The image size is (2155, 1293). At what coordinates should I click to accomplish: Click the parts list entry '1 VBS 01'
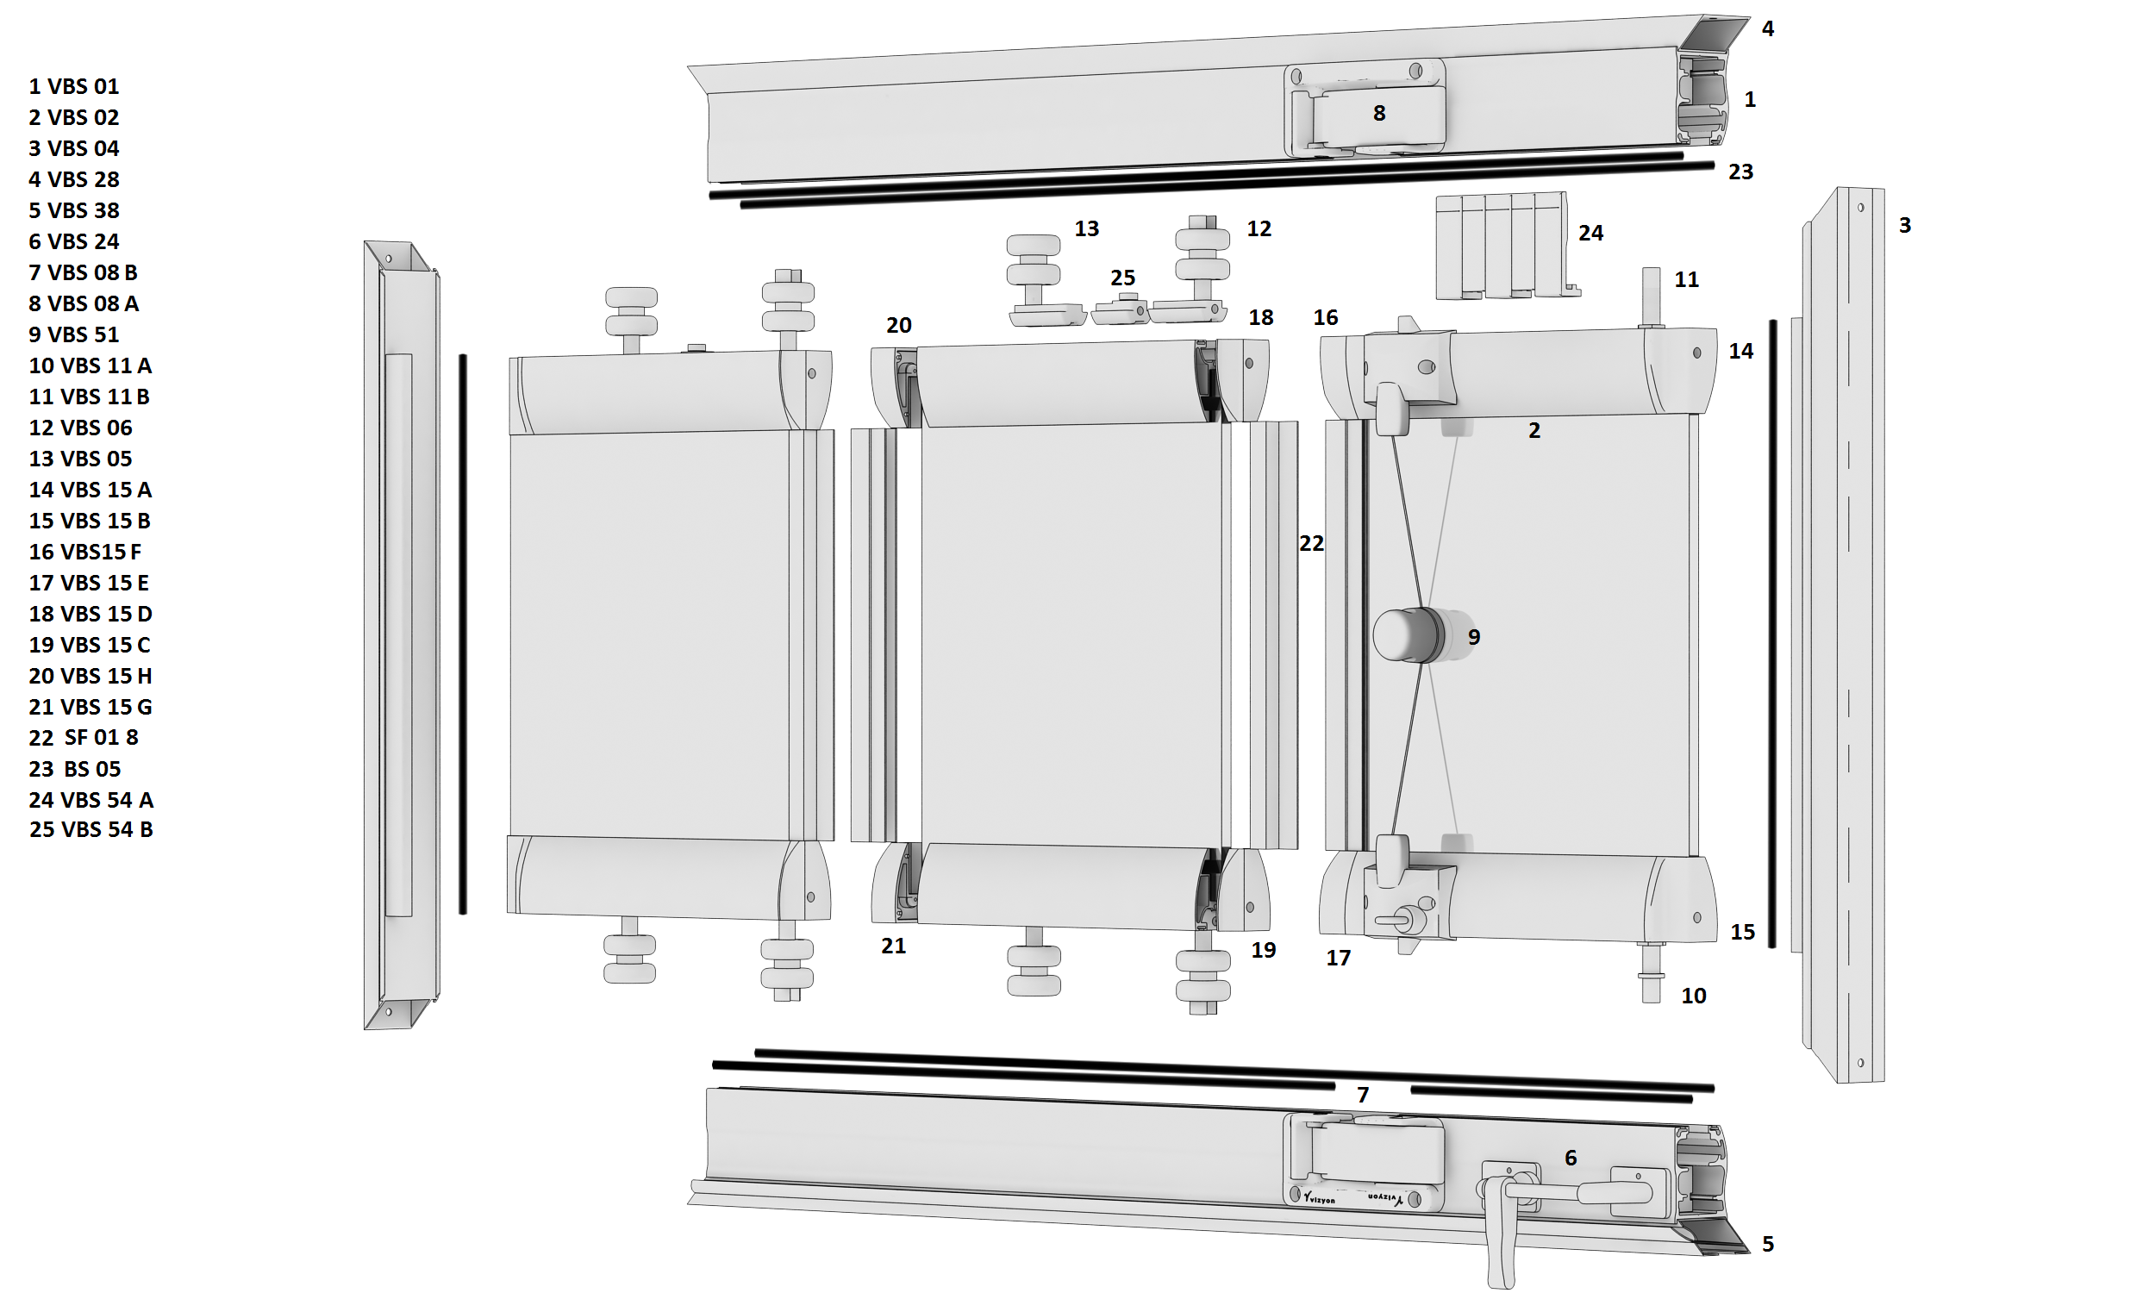point(74,86)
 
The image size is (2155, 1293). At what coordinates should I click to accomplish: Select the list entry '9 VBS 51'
point(74,334)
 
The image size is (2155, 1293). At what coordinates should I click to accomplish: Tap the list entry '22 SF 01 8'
point(84,738)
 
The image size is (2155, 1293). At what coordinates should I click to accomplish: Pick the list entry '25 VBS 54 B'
point(91,829)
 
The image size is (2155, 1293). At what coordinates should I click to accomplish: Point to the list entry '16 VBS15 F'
point(85,552)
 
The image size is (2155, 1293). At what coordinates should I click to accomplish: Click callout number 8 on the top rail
point(1379,113)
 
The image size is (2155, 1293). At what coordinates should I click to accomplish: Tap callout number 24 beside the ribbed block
point(1590,233)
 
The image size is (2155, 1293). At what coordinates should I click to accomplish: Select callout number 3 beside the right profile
point(1905,226)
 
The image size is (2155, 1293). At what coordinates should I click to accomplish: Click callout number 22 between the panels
point(1311,544)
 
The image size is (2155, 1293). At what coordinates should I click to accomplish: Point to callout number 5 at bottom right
point(1767,1244)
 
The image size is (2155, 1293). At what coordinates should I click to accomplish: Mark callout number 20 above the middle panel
point(899,326)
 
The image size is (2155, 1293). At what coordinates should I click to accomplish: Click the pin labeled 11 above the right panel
point(1651,299)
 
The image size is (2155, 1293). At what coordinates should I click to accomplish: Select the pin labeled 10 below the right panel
point(1652,972)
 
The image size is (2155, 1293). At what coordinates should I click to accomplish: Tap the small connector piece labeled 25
point(1121,309)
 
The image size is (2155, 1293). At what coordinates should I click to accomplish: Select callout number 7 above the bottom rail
point(1363,1096)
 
